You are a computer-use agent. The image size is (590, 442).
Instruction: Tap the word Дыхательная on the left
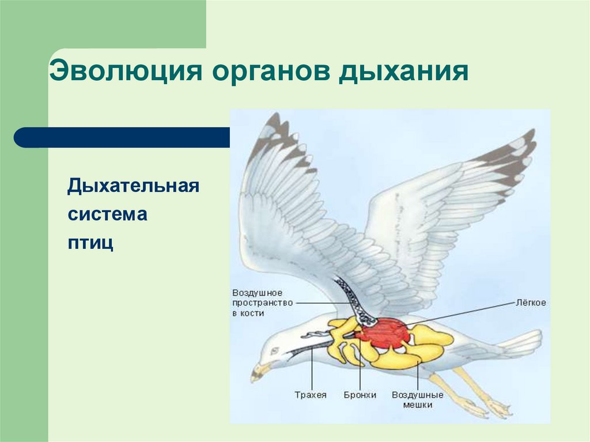tap(133, 187)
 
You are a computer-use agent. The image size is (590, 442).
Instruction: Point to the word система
tap(107, 214)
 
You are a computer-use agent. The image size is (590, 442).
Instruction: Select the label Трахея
tap(311, 395)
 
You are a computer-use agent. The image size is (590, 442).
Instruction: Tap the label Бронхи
tap(360, 395)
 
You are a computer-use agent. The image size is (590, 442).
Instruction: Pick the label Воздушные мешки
tap(417, 400)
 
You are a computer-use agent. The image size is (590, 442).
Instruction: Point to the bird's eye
tap(274, 350)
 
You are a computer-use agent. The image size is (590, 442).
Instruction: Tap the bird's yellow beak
tap(259, 372)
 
